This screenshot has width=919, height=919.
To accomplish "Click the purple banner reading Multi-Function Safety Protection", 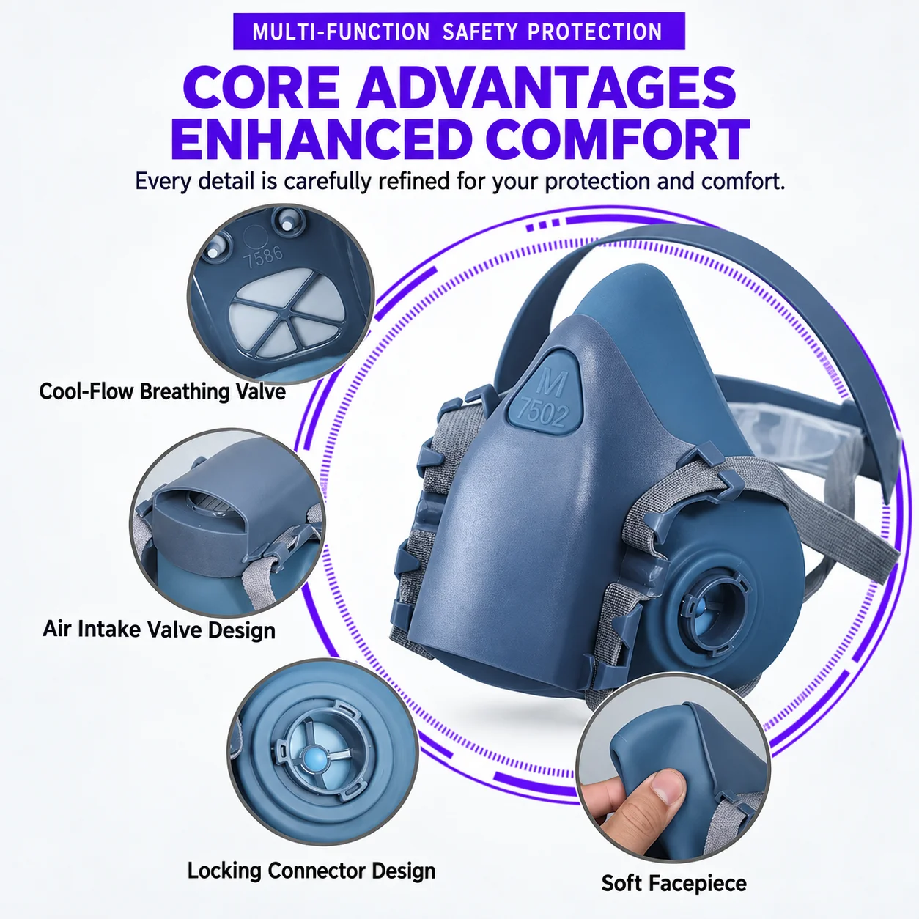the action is click(x=459, y=32).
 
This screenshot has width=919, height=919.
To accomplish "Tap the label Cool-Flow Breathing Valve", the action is click(x=162, y=391).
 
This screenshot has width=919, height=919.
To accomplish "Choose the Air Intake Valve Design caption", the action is click(x=159, y=629).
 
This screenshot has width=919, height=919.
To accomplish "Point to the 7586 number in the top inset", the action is click(x=263, y=256).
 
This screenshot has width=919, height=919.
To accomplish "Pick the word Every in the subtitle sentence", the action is click(x=163, y=182).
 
